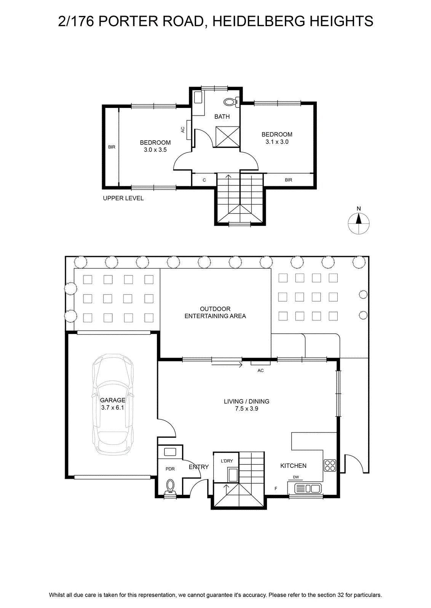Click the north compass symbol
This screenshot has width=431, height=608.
(x=359, y=223)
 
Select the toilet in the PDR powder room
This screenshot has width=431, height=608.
(x=170, y=487)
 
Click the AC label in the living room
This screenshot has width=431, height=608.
(x=260, y=370)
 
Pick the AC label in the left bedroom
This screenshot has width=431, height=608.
(x=183, y=130)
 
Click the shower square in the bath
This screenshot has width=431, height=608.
(x=227, y=136)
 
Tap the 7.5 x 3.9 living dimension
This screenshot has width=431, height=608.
(x=247, y=408)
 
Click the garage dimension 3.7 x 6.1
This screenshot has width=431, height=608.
(x=113, y=407)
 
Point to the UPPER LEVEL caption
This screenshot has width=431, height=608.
(x=123, y=198)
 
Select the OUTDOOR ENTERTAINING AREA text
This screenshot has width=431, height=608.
(x=215, y=312)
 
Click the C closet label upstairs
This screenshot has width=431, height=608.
(x=204, y=180)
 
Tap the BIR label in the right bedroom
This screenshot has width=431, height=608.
(x=289, y=180)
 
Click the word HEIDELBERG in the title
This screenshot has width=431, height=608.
(x=259, y=21)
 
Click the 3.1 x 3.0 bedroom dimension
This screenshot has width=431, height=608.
(x=277, y=142)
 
